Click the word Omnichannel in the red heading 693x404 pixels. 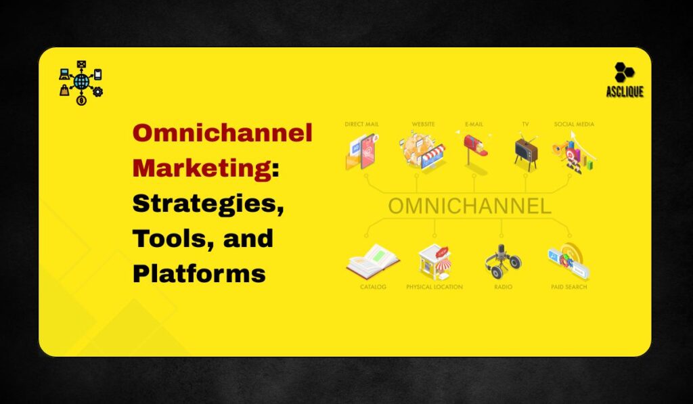(x=222, y=133)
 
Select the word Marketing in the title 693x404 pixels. (x=201, y=168)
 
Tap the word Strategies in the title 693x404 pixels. (x=204, y=203)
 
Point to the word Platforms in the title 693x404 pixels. (x=198, y=273)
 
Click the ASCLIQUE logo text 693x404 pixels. (x=625, y=92)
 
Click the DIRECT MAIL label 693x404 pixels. (x=362, y=125)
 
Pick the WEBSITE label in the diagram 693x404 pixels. (x=424, y=125)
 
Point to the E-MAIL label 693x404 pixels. (x=475, y=125)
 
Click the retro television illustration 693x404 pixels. (x=525, y=150)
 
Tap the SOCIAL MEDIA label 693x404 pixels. (x=574, y=125)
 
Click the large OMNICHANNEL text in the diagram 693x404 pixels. (x=469, y=206)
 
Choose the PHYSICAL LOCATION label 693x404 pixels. (x=434, y=287)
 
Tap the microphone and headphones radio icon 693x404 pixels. (x=503, y=261)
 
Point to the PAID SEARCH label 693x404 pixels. (x=568, y=287)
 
